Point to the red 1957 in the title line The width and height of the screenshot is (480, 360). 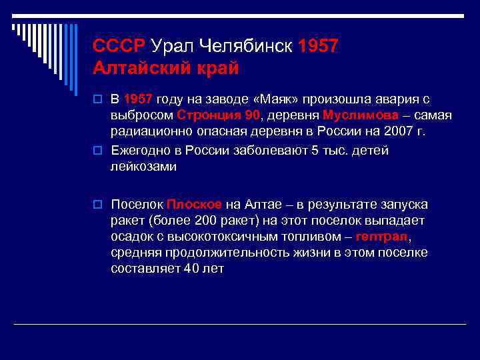(319, 46)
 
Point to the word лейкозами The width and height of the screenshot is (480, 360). (144, 167)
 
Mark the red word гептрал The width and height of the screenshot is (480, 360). (381, 237)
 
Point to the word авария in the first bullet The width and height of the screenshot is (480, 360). (394, 99)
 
